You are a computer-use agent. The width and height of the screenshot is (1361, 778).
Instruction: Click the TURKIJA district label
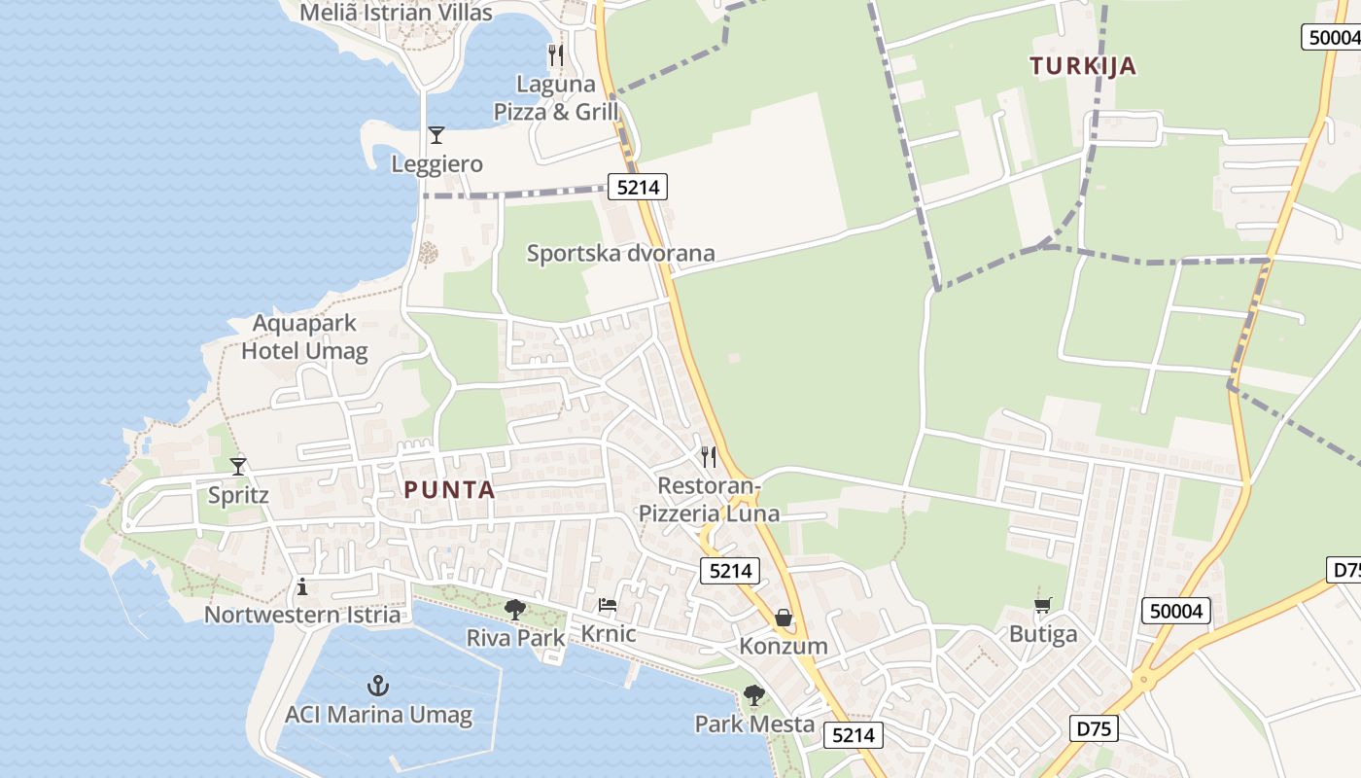(1083, 66)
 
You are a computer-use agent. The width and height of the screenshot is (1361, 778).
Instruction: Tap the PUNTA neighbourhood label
(450, 490)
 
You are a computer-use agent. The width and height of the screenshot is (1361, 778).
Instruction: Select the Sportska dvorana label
(620, 254)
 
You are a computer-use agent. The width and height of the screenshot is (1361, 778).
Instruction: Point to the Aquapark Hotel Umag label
(304, 337)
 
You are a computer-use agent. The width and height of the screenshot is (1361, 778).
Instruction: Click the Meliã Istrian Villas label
(396, 13)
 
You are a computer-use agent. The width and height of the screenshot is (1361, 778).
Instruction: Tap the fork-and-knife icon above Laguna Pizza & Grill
(555, 54)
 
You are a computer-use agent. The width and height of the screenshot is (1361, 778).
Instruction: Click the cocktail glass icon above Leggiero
(436, 135)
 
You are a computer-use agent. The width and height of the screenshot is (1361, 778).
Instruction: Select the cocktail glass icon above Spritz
(238, 467)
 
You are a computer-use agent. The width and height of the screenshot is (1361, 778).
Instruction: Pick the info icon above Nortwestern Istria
(302, 586)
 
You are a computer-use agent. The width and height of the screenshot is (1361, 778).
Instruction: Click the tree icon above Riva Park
(515, 610)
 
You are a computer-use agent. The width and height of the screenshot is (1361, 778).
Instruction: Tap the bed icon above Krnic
(608, 605)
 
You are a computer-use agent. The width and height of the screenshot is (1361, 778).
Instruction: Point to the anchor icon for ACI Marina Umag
(378, 687)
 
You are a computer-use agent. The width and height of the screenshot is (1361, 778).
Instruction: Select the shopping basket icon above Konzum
(784, 618)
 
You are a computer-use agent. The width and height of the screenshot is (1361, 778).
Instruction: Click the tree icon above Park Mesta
(753, 695)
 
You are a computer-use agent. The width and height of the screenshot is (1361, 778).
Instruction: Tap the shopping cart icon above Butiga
(1043, 606)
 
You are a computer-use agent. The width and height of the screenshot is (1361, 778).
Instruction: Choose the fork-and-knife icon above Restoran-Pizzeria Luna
(709, 456)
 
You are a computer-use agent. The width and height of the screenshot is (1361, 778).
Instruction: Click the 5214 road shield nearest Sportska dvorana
(638, 187)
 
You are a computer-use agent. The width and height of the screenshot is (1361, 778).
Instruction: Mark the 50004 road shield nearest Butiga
(1175, 611)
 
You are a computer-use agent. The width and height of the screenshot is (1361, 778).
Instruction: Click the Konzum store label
(784, 646)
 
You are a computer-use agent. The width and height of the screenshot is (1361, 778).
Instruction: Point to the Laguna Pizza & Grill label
(555, 97)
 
